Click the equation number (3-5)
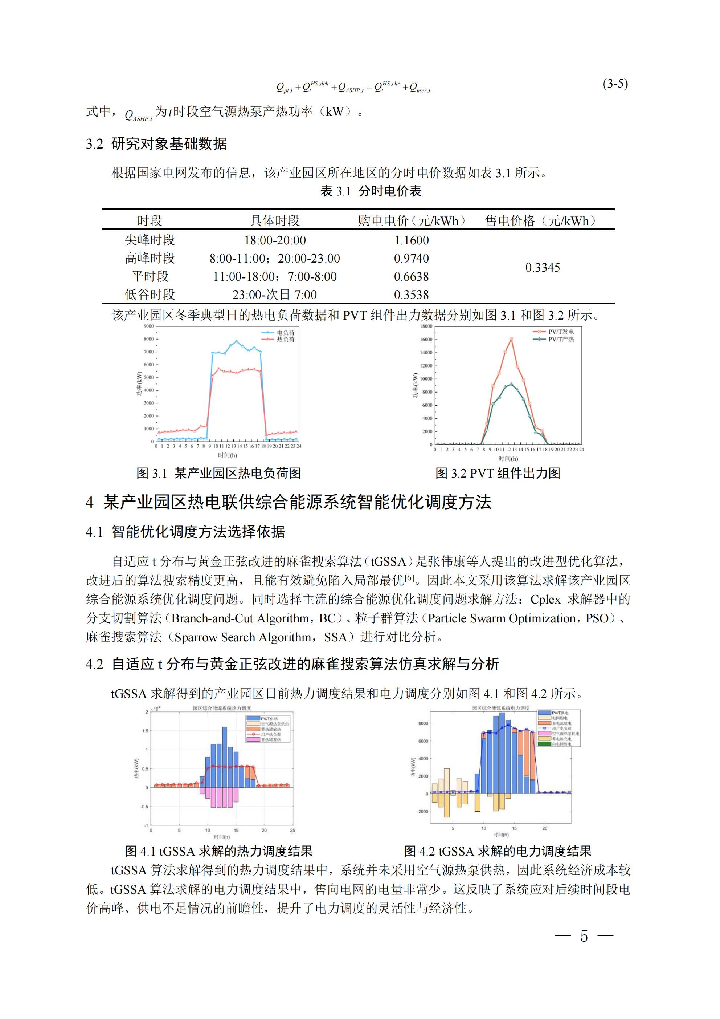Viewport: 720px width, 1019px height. (x=615, y=84)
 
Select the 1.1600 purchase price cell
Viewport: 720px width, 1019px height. (x=411, y=240)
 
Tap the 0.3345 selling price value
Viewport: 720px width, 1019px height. (x=542, y=267)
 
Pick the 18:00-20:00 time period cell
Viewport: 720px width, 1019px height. (x=275, y=240)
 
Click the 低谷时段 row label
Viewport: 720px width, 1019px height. (x=150, y=294)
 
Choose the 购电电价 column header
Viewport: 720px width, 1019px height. (x=411, y=220)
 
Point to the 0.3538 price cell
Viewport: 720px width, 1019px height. (x=411, y=294)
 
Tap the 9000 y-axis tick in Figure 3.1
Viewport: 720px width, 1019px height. (x=149, y=326)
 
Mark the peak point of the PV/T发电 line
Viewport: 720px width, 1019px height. (x=511, y=339)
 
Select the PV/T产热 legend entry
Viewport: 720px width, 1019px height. (x=561, y=339)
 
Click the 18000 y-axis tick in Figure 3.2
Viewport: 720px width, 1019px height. (x=426, y=326)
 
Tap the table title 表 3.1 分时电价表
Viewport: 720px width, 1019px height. (x=371, y=191)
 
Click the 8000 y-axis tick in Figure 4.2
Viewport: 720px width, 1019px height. (x=423, y=723)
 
